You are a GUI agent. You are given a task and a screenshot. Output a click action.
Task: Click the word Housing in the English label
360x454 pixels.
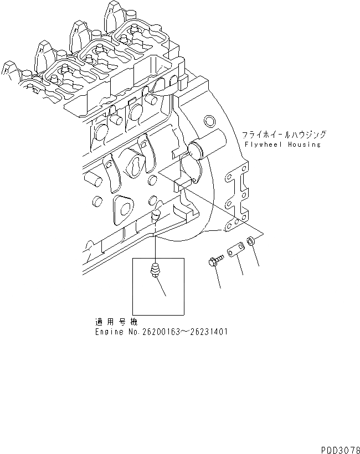[301, 144]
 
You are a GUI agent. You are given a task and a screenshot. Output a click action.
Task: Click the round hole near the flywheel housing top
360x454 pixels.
[210, 121]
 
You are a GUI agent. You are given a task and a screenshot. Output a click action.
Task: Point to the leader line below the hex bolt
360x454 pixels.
[219, 278]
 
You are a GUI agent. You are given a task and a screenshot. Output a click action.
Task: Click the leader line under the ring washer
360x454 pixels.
[257, 257]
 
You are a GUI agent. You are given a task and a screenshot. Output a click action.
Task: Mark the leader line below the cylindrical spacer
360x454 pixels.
[240, 266]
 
